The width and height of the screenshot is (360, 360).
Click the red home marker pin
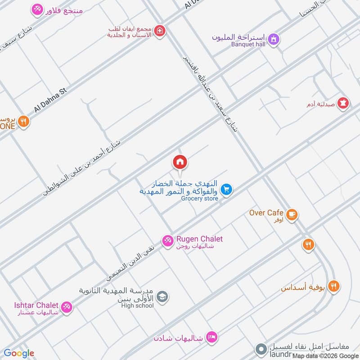click(x=180, y=162)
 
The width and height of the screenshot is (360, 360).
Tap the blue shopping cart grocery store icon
click(x=226, y=190)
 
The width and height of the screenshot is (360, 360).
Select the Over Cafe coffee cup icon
click(x=292, y=215)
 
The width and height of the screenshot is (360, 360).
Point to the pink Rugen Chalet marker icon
click(x=167, y=241)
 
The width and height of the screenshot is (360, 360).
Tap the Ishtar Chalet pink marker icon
click(x=67, y=307)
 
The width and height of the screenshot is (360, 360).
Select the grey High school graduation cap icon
click(x=162, y=297)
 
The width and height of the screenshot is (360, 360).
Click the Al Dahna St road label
click(x=50, y=100)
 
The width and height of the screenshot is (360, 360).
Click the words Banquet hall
click(x=249, y=44)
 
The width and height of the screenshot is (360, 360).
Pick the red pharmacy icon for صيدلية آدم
click(x=344, y=103)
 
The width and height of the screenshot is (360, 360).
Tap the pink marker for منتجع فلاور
click(x=37, y=9)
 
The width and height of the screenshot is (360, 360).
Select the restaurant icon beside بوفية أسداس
click(x=333, y=286)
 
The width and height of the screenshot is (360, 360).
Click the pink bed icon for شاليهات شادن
click(x=211, y=337)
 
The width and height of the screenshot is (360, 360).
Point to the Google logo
click(x=19, y=353)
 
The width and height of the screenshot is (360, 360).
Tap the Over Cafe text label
click(x=266, y=212)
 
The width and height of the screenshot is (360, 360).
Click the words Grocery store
click(x=199, y=198)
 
